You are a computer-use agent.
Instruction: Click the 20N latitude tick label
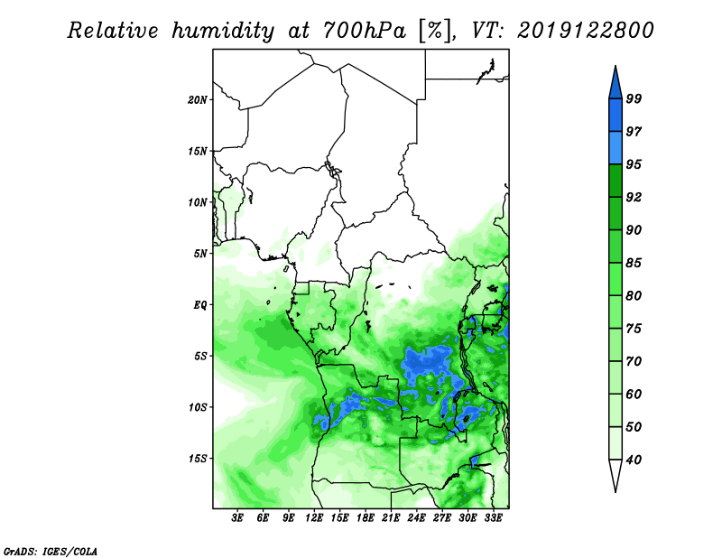tap(198, 100)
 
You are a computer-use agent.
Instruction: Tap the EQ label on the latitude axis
tap(200, 305)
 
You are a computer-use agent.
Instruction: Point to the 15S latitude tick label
tap(198, 459)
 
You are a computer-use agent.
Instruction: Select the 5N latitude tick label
tap(200, 254)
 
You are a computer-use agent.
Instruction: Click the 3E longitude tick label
tap(237, 518)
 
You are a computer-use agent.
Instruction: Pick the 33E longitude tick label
tap(493, 518)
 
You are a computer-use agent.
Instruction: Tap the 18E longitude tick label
tap(366, 518)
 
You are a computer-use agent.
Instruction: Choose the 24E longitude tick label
tap(416, 518)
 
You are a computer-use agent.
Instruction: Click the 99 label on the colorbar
tap(634, 98)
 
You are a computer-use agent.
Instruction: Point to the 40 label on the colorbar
tap(634, 460)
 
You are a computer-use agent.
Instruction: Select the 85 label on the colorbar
tap(634, 263)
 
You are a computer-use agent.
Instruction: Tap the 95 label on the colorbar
tap(634, 164)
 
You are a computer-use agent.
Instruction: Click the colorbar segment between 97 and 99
tap(616, 116)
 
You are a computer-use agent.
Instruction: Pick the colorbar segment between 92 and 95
tap(616, 181)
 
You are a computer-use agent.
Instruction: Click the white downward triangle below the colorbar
tap(616, 474)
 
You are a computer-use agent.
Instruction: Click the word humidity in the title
tap(223, 31)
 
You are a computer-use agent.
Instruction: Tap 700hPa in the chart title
tap(364, 31)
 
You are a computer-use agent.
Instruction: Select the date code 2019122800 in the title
tap(585, 31)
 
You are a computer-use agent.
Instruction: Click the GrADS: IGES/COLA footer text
tap(51, 552)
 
